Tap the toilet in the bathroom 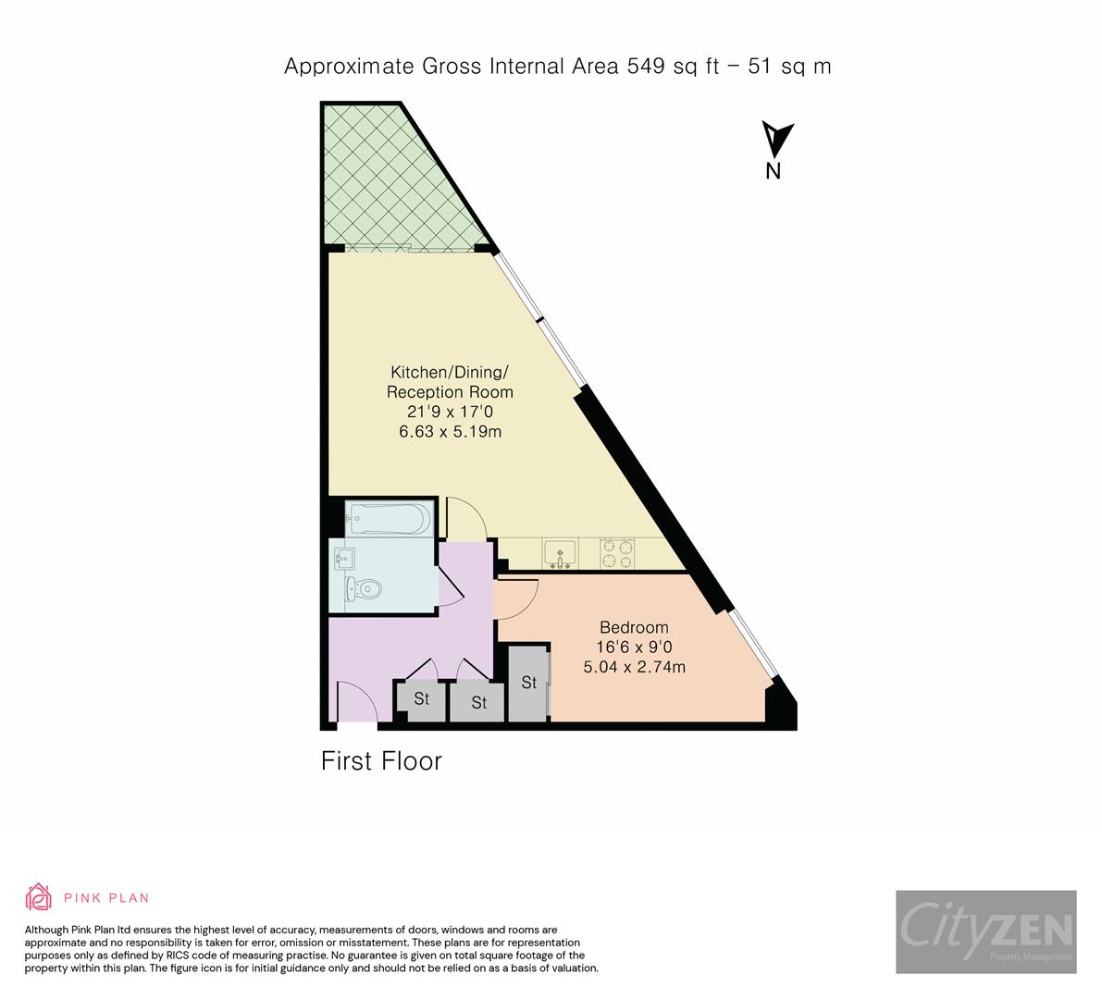(365, 588)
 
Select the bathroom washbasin (346, 558)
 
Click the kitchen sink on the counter (560, 553)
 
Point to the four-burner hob (617, 553)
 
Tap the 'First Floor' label (381, 761)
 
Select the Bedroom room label (634, 627)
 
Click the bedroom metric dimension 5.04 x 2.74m (634, 666)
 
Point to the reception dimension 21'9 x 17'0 (449, 412)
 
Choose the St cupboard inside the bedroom (528, 683)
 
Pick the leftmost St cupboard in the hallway (421, 699)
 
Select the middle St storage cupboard (477, 702)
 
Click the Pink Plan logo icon (40, 897)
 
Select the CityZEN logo (985, 931)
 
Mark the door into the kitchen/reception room (467, 518)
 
